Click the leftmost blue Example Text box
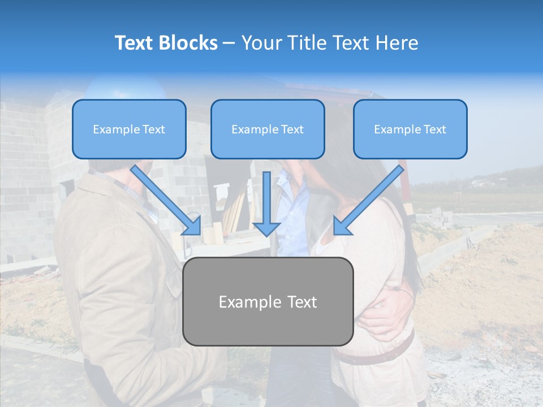[129, 129]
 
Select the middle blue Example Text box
[268, 129]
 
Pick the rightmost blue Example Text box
[410, 129]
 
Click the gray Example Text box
[268, 301]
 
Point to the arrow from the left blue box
[167, 201]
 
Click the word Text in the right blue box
[435, 129]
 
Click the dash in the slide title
[229, 44]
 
